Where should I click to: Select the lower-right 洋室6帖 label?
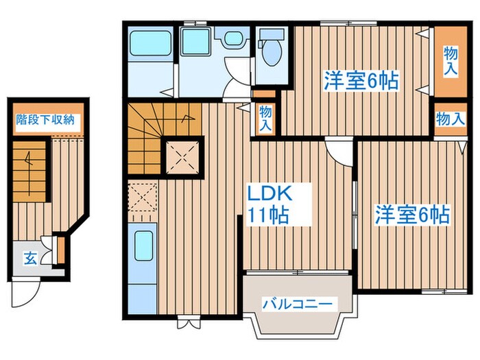(x=411, y=215)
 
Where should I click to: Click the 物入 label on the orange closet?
(x=450, y=60)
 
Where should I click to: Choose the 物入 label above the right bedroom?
(x=450, y=119)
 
